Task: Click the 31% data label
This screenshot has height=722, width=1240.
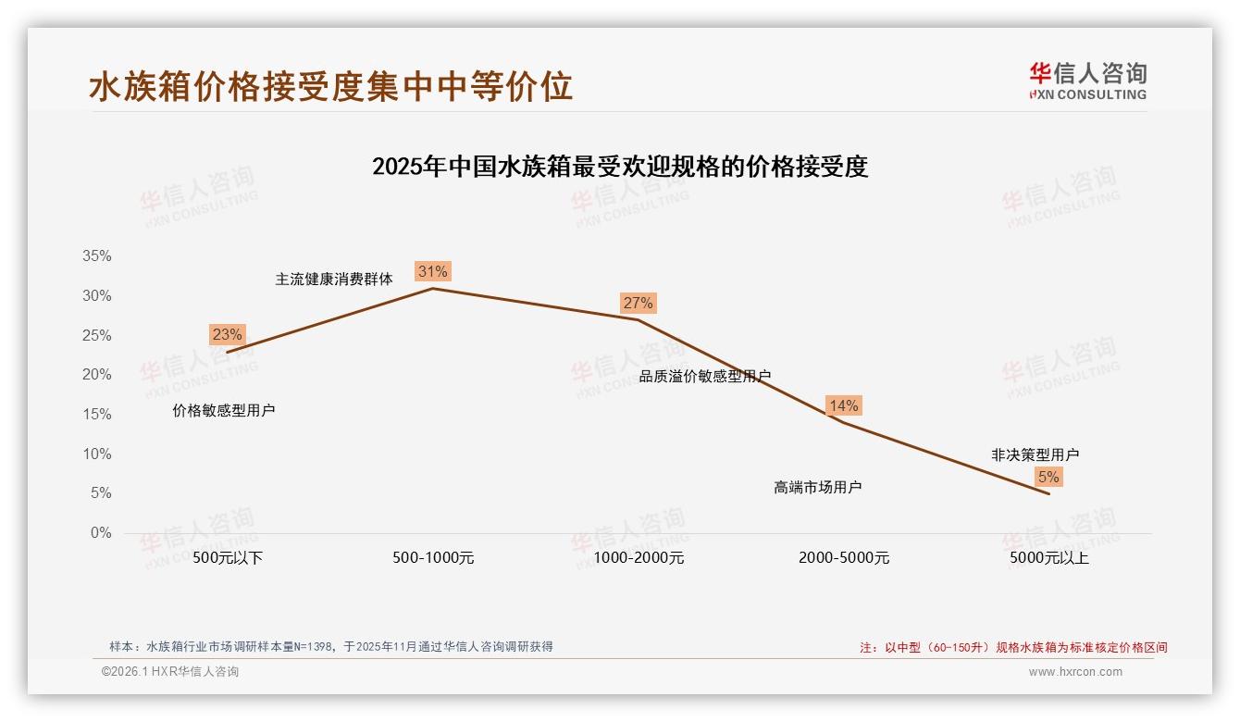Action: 432,271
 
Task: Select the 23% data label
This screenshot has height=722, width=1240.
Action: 227,335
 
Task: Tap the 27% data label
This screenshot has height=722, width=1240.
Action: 638,303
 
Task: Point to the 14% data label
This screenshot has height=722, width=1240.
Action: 843,405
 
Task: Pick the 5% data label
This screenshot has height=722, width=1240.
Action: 1048,478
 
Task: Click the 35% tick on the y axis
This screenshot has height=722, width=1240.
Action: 96,256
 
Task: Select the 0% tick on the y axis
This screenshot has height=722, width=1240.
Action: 100,533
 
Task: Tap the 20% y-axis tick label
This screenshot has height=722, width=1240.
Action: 96,375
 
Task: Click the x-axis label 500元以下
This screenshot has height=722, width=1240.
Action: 228,558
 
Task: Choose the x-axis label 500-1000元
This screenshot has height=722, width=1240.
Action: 433,558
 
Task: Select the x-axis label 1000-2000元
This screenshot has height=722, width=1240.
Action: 639,558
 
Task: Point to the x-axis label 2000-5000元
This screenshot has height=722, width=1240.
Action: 844,558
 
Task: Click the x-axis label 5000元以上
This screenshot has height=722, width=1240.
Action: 1049,558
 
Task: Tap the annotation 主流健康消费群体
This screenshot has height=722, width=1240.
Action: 334,279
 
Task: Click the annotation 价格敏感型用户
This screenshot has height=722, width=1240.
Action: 224,410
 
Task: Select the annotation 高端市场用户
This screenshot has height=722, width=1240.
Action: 818,487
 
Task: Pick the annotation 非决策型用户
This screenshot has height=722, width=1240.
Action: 1035,454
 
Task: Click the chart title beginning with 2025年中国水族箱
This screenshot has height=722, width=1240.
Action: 620,168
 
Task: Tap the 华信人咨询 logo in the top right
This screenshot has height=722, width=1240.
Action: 1087,81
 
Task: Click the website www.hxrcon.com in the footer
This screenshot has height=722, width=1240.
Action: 1075,672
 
